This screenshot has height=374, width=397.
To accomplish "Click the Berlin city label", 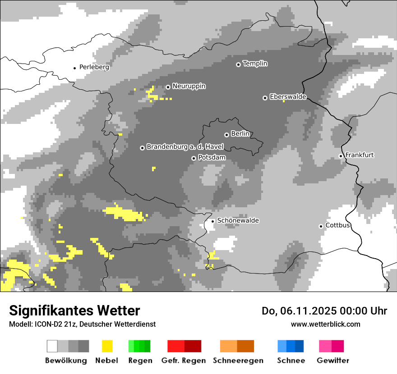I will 240,134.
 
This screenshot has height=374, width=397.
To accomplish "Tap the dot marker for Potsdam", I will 194,158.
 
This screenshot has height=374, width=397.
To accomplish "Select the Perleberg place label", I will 94,67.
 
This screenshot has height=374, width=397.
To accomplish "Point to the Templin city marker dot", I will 238,64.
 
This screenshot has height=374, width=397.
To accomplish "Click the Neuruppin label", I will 189,86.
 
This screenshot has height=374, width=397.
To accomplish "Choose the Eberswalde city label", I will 288,97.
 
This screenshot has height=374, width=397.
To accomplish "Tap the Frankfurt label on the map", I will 359,155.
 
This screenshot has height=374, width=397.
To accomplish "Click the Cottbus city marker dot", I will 321,226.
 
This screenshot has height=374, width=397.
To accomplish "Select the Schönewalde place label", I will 238,220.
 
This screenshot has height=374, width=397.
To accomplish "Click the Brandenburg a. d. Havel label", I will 185,147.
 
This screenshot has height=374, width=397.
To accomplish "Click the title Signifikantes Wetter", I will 74,310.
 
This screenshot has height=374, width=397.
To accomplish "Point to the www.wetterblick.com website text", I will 325,324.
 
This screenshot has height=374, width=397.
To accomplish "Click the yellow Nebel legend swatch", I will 107,346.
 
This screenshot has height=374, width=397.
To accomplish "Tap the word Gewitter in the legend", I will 332,360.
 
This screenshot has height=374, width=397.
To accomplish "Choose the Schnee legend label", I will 291,360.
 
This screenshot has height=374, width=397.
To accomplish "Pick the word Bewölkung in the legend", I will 66,360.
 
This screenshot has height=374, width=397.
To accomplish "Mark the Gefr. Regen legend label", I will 183,360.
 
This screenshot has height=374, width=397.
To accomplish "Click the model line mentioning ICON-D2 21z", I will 82,324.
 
